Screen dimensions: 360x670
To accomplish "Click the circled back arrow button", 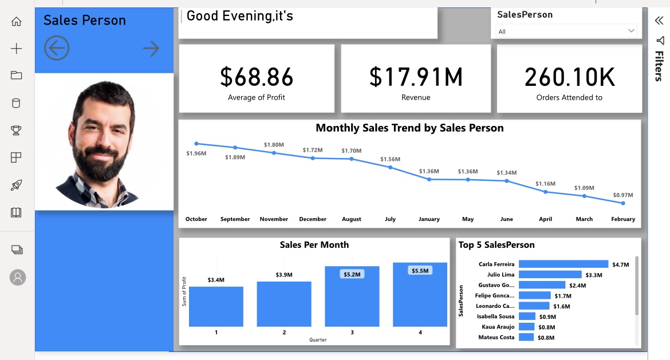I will click(x=56, y=49).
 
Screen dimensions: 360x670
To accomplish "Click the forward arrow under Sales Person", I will click(x=151, y=49).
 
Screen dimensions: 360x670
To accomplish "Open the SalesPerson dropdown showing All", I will click(x=566, y=31).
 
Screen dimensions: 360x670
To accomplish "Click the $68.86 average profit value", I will click(x=257, y=77).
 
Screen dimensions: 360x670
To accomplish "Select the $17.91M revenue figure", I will click(x=416, y=77).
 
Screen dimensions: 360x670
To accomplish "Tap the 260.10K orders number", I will click(x=569, y=77).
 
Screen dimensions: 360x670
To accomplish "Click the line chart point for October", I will click(x=196, y=144).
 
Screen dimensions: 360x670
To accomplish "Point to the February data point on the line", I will click(x=623, y=203).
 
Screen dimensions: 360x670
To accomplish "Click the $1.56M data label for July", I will click(x=390, y=159).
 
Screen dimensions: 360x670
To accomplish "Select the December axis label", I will click(x=313, y=219).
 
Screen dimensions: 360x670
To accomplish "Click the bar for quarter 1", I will click(x=216, y=306).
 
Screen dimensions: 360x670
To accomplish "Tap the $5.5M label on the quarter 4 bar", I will click(x=420, y=270).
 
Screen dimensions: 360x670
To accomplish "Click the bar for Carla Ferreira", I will click(x=563, y=264).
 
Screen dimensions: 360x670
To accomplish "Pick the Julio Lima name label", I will click(x=500, y=275).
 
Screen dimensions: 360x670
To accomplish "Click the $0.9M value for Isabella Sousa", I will click(x=547, y=317).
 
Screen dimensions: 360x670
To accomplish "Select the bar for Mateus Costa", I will click(x=526, y=337).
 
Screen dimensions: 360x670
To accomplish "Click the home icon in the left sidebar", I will click(x=16, y=22).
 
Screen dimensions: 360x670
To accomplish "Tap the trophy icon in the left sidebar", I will click(x=16, y=130).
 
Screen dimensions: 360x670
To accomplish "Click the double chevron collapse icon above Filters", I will click(x=659, y=21).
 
